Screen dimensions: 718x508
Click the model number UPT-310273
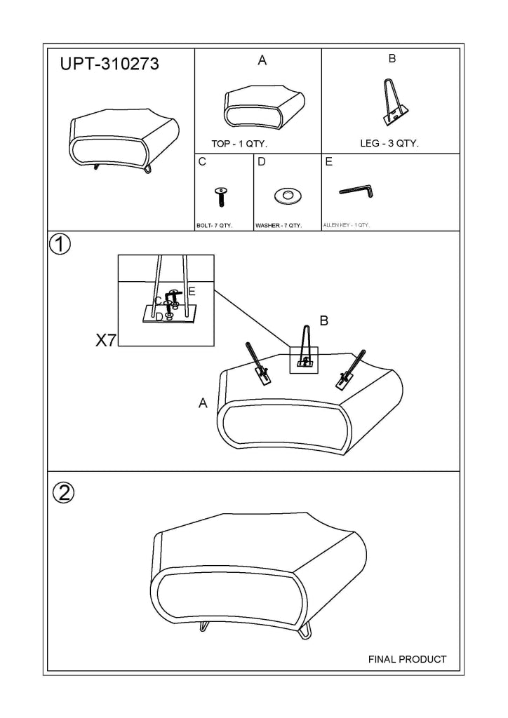click(109, 65)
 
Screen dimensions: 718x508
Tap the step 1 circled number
click(61, 245)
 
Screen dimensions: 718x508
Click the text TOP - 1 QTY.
click(239, 144)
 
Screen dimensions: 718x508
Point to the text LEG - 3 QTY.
click(389, 144)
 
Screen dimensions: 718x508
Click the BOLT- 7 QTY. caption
click(214, 226)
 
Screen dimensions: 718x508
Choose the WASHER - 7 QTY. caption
click(278, 226)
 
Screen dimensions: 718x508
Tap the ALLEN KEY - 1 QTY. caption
click(346, 226)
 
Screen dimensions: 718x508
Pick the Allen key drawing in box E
click(358, 190)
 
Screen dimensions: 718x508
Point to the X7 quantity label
click(105, 341)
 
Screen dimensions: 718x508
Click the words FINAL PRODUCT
click(407, 659)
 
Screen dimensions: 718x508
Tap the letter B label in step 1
click(324, 321)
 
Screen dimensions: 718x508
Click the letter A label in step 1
click(203, 403)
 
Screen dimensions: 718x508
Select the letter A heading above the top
click(262, 61)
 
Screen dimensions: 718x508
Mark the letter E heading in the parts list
click(328, 162)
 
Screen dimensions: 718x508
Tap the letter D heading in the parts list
click(262, 162)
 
